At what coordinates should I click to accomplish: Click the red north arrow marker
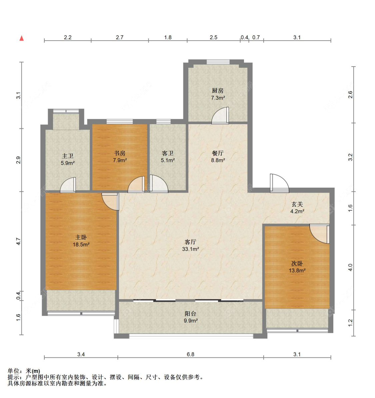22,38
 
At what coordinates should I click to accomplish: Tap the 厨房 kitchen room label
218,91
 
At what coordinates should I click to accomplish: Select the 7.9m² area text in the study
120,160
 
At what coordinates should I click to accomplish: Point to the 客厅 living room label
190,242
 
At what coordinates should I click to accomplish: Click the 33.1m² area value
190,249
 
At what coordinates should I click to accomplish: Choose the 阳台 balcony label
190,314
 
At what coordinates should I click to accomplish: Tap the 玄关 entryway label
297,204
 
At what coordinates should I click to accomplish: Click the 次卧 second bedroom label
297,264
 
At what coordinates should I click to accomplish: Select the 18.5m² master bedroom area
81,245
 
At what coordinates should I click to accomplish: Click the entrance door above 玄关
279,183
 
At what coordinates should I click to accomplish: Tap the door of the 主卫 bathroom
68,185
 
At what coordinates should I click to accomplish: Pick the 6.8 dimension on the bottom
190,354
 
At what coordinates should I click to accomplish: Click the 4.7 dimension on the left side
18,241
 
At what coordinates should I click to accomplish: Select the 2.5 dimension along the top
214,38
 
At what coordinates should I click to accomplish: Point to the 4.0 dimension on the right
350,267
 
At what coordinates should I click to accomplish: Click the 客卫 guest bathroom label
168,153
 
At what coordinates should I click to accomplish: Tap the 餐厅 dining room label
218,153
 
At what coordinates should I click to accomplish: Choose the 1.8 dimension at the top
168,38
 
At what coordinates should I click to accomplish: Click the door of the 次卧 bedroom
320,234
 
